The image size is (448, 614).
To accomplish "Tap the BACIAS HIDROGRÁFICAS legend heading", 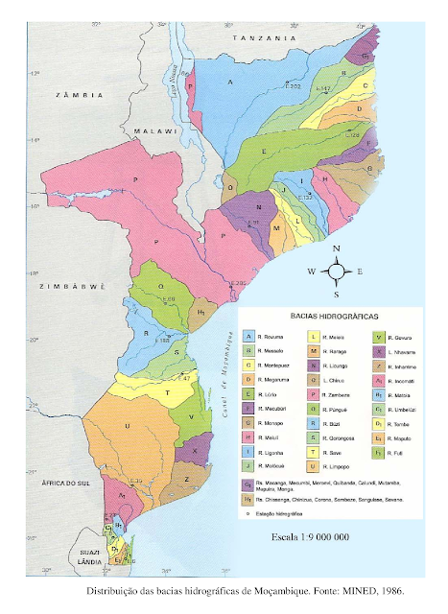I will point(326,315).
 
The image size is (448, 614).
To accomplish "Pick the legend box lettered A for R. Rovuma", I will point(249,337).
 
